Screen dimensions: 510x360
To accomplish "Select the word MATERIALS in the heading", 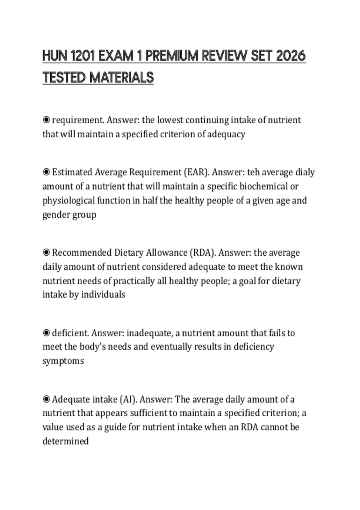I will [121, 78].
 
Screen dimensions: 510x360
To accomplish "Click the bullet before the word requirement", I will [46, 120].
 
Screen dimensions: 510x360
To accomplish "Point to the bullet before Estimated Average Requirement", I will [46, 172].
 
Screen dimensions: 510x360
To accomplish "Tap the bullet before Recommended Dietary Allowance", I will [46, 253].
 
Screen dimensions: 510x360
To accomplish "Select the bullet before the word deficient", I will [46, 333].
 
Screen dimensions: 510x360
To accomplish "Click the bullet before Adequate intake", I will [46, 400].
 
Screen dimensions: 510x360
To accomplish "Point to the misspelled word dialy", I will [305, 172].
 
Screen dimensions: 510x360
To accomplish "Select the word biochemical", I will [263, 186].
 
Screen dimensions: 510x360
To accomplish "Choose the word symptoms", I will [63, 361].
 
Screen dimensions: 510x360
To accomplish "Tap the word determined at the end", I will [65, 441].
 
